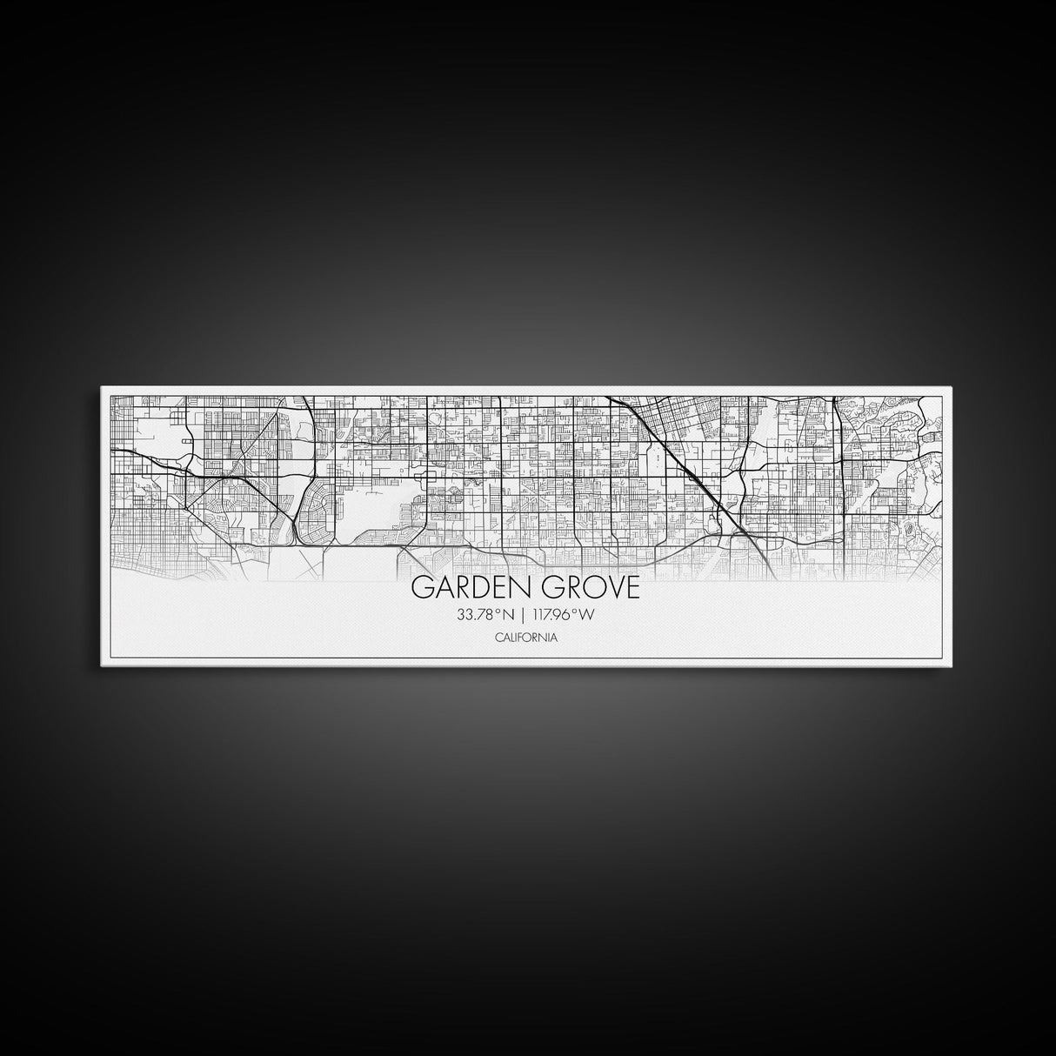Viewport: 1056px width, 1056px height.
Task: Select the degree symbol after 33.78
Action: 498,612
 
